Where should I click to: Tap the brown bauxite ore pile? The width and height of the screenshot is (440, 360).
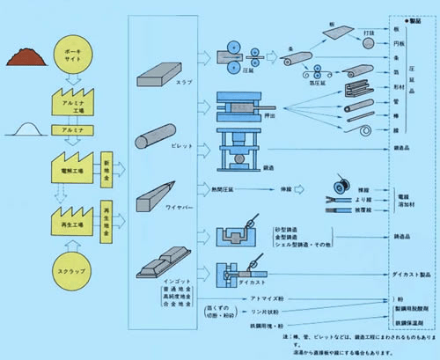click(x=25, y=56)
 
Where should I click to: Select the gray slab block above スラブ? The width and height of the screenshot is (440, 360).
click(x=164, y=65)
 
